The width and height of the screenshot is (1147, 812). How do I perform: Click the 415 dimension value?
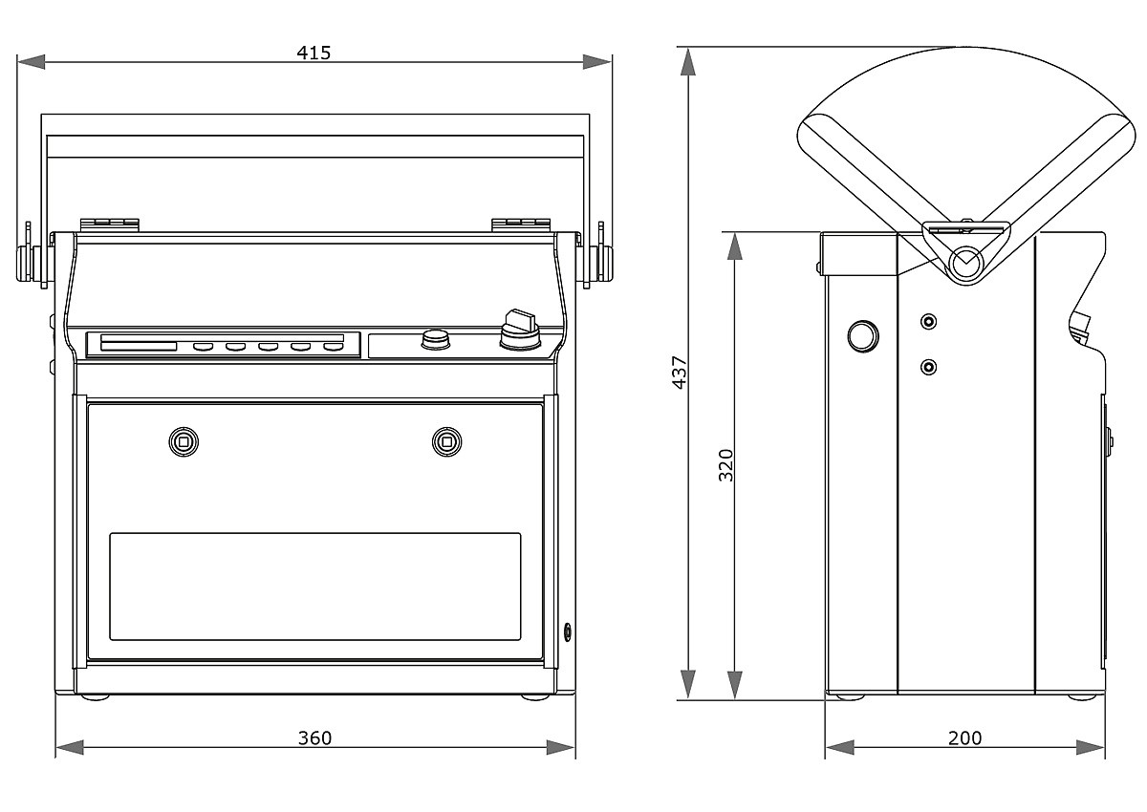click(313, 53)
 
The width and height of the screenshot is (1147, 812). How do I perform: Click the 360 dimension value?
click(314, 737)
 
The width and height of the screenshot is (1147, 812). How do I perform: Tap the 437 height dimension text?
click(680, 372)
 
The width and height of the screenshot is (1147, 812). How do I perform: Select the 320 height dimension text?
click(726, 464)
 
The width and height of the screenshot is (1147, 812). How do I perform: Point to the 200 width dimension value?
click(964, 737)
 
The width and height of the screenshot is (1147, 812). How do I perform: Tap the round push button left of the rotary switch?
click(436, 340)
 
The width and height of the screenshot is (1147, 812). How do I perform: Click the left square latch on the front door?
click(183, 440)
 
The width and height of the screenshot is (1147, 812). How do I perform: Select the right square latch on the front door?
click(445, 440)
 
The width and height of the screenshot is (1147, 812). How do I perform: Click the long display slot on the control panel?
click(139, 346)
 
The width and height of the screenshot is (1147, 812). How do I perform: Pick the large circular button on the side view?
click(862, 335)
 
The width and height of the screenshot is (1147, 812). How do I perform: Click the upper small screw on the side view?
click(927, 321)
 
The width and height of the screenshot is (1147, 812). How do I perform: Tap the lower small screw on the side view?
click(927, 366)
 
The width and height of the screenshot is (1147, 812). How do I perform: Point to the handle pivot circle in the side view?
click(966, 261)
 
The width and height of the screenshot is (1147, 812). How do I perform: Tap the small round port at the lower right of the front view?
click(569, 630)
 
